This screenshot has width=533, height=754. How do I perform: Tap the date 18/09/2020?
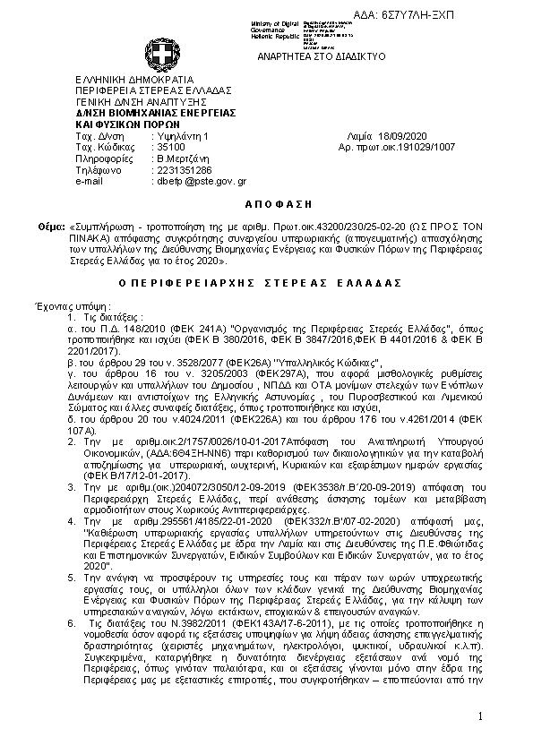382,135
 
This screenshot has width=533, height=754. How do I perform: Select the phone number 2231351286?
184,169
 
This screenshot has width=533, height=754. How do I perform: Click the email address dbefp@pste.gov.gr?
202,181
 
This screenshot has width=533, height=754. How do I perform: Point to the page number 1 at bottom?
480,716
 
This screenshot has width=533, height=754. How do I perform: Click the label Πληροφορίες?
103,158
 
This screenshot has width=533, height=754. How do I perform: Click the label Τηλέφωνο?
98,169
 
